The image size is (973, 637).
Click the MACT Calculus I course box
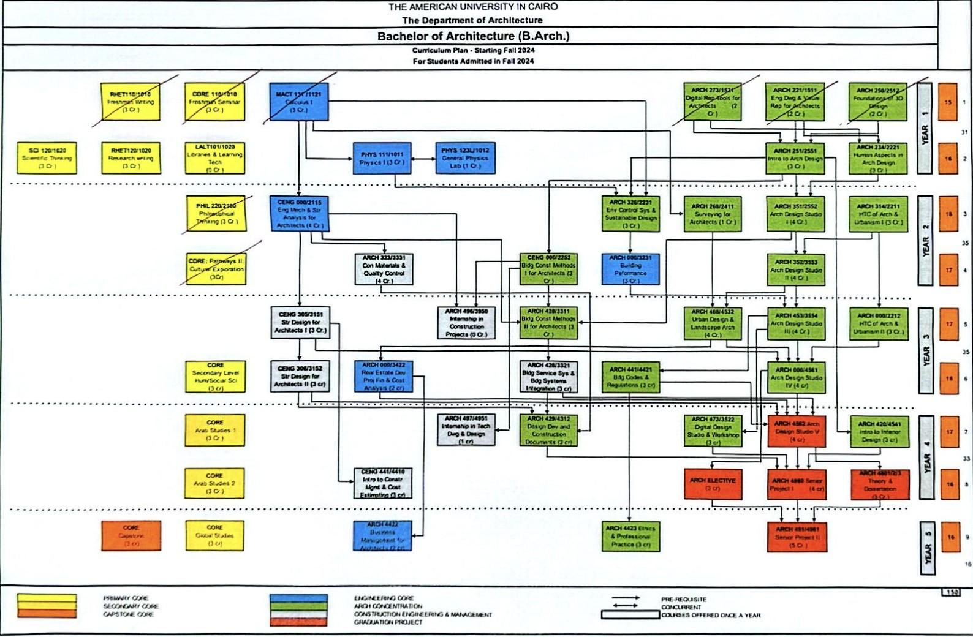(x=298, y=102)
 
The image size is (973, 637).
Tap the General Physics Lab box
(x=465, y=158)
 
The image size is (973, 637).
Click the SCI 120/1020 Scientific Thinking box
(x=47, y=158)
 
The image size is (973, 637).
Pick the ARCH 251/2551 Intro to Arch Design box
(x=795, y=158)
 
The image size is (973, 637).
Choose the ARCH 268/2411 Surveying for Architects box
(x=712, y=214)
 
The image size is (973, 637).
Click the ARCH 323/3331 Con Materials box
(x=384, y=269)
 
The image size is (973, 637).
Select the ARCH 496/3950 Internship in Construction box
(x=466, y=323)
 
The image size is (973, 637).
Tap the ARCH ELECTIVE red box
(x=712, y=484)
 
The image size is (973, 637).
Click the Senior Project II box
(x=797, y=537)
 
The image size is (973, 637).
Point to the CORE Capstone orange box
(x=131, y=535)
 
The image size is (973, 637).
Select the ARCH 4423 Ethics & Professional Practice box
(x=631, y=536)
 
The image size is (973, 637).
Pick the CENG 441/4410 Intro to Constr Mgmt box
(x=383, y=483)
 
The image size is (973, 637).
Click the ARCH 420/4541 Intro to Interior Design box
(x=878, y=432)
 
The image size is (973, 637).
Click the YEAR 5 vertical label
(x=928, y=548)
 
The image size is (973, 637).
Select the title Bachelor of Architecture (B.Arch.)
(x=473, y=36)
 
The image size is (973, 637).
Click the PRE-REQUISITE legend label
(x=683, y=600)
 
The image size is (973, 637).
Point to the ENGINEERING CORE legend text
(x=384, y=598)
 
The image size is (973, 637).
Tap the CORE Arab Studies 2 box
(x=214, y=483)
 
